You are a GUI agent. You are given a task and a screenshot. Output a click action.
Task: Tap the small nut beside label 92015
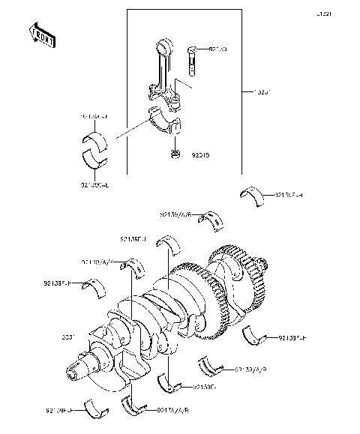pyautogui.click(x=175, y=155)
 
